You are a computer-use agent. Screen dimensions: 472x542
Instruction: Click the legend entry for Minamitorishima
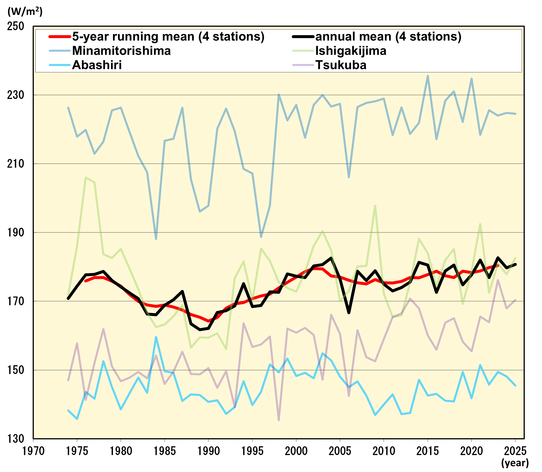tap(121, 51)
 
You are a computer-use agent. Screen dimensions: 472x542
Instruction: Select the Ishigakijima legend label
tap(351, 51)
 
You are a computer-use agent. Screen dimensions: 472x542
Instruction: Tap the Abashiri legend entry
tap(97, 65)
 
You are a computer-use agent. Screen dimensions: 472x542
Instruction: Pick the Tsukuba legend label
tap(341, 65)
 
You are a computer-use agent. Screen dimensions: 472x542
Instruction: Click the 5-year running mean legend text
tap(168, 36)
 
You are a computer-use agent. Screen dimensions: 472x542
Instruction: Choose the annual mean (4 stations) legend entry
tap(388, 36)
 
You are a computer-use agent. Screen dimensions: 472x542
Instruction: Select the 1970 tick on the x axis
tap(33, 451)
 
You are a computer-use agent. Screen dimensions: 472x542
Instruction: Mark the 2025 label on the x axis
tap(515, 451)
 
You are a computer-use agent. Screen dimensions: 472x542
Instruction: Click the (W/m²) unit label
tap(25, 11)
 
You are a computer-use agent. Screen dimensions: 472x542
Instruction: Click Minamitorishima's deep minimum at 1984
tap(156, 239)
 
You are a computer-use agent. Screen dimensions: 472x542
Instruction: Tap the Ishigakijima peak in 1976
tap(86, 178)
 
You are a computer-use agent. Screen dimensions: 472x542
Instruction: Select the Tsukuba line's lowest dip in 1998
tap(279, 420)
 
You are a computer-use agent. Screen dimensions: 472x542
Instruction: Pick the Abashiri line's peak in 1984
tap(156, 337)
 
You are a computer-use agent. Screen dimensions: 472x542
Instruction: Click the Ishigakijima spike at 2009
tap(375, 206)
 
